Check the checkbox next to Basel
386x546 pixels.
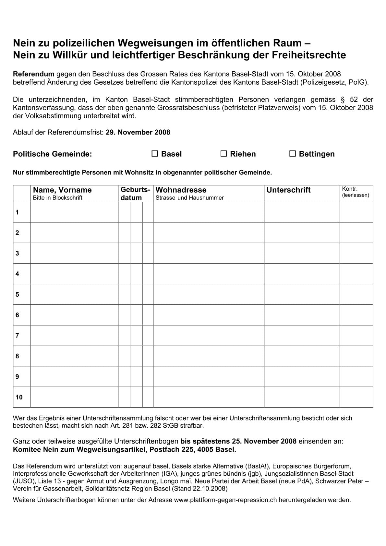[x=155, y=154]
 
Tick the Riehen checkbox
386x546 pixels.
[x=223, y=154]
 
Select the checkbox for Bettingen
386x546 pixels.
[x=292, y=154]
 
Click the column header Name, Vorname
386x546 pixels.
[x=62, y=190]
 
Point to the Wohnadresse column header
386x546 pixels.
[x=181, y=190]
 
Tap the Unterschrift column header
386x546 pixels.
[x=288, y=190]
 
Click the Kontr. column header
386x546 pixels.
[x=350, y=189]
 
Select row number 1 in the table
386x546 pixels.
[x=17, y=212]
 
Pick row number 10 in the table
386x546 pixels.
[x=19, y=397]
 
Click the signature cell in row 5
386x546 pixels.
[x=302, y=294]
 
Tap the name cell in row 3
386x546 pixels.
[x=74, y=253]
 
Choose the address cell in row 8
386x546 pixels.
[x=209, y=356]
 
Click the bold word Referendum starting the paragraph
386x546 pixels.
[x=33, y=74]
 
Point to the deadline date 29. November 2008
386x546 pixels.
[x=138, y=132]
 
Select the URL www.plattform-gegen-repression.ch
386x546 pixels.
[x=225, y=500]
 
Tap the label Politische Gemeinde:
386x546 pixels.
[x=53, y=154]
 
